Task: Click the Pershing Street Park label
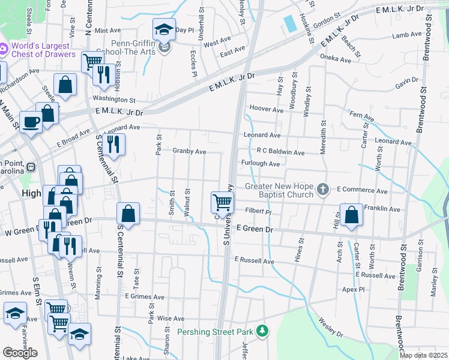214,331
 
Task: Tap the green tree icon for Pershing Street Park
262,331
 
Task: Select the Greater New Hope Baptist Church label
279,190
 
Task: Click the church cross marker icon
323,190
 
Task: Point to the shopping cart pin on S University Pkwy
223,202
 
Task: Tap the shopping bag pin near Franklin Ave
351,214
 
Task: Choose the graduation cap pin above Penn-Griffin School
163,29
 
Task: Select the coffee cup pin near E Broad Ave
31,121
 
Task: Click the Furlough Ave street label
261,164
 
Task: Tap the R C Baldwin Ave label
280,152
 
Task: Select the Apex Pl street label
370,289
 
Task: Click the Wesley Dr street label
330,328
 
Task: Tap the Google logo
20,352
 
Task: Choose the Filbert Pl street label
258,212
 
